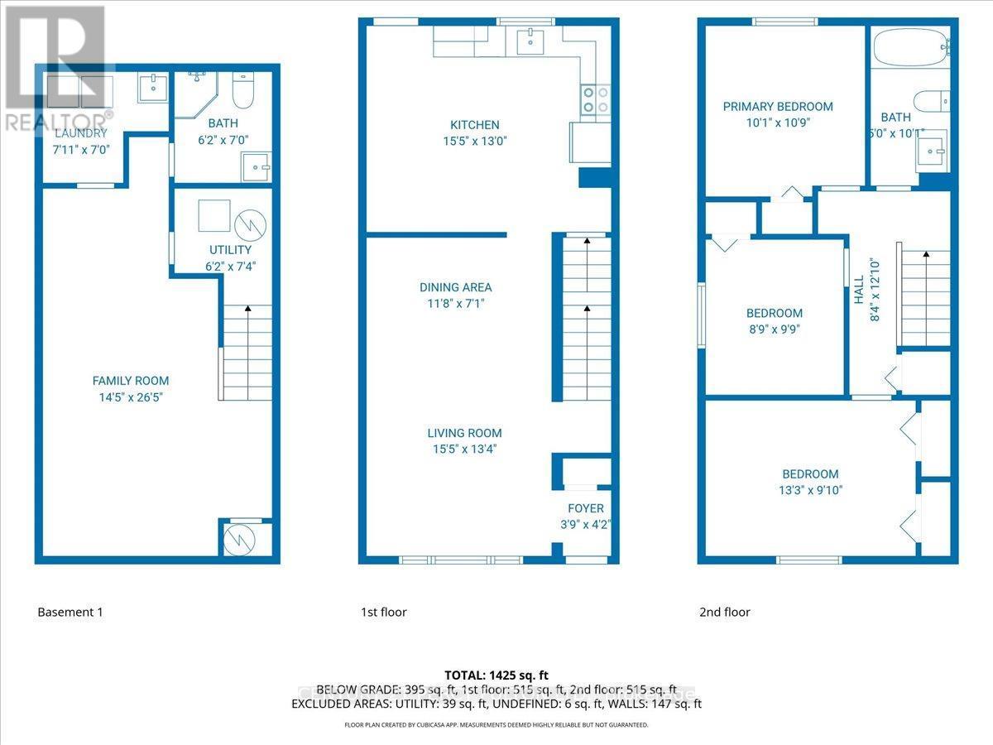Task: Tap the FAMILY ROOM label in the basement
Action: [131, 381]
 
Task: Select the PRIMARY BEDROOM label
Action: [778, 106]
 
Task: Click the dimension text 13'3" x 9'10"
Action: [810, 489]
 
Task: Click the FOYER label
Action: [585, 508]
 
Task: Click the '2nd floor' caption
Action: [724, 613]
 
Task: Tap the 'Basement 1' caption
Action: [70, 613]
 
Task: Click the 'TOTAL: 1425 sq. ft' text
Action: [496, 675]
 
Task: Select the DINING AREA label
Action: [455, 287]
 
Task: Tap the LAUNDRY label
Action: [80, 133]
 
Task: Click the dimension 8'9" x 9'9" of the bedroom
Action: [774, 328]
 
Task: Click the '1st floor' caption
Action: [383, 613]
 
